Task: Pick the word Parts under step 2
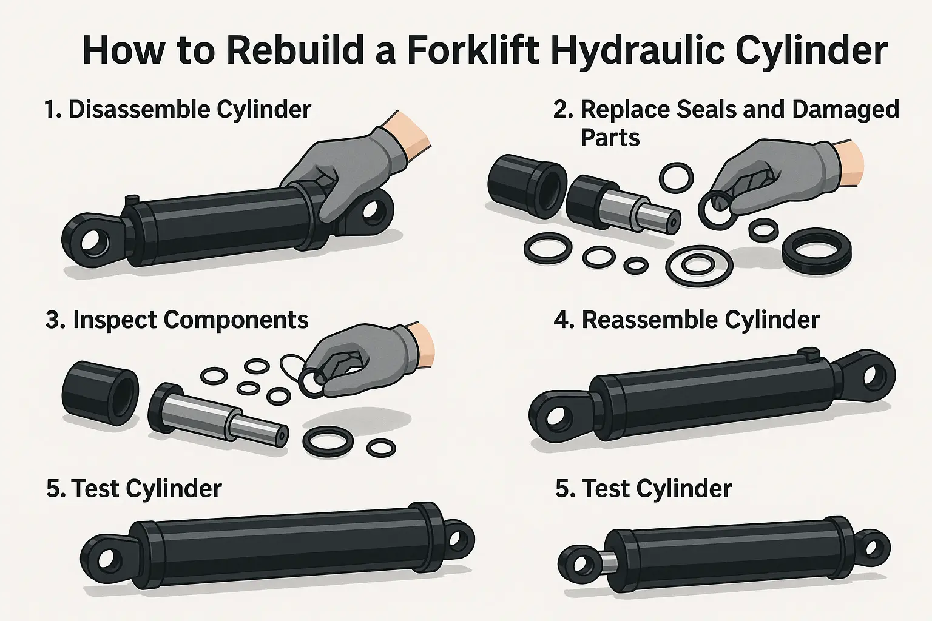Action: click(x=610, y=138)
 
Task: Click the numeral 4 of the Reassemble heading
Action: click(x=563, y=321)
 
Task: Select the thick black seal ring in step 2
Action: click(x=816, y=251)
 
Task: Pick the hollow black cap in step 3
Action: click(x=100, y=393)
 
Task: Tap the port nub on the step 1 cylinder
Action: click(x=132, y=200)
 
